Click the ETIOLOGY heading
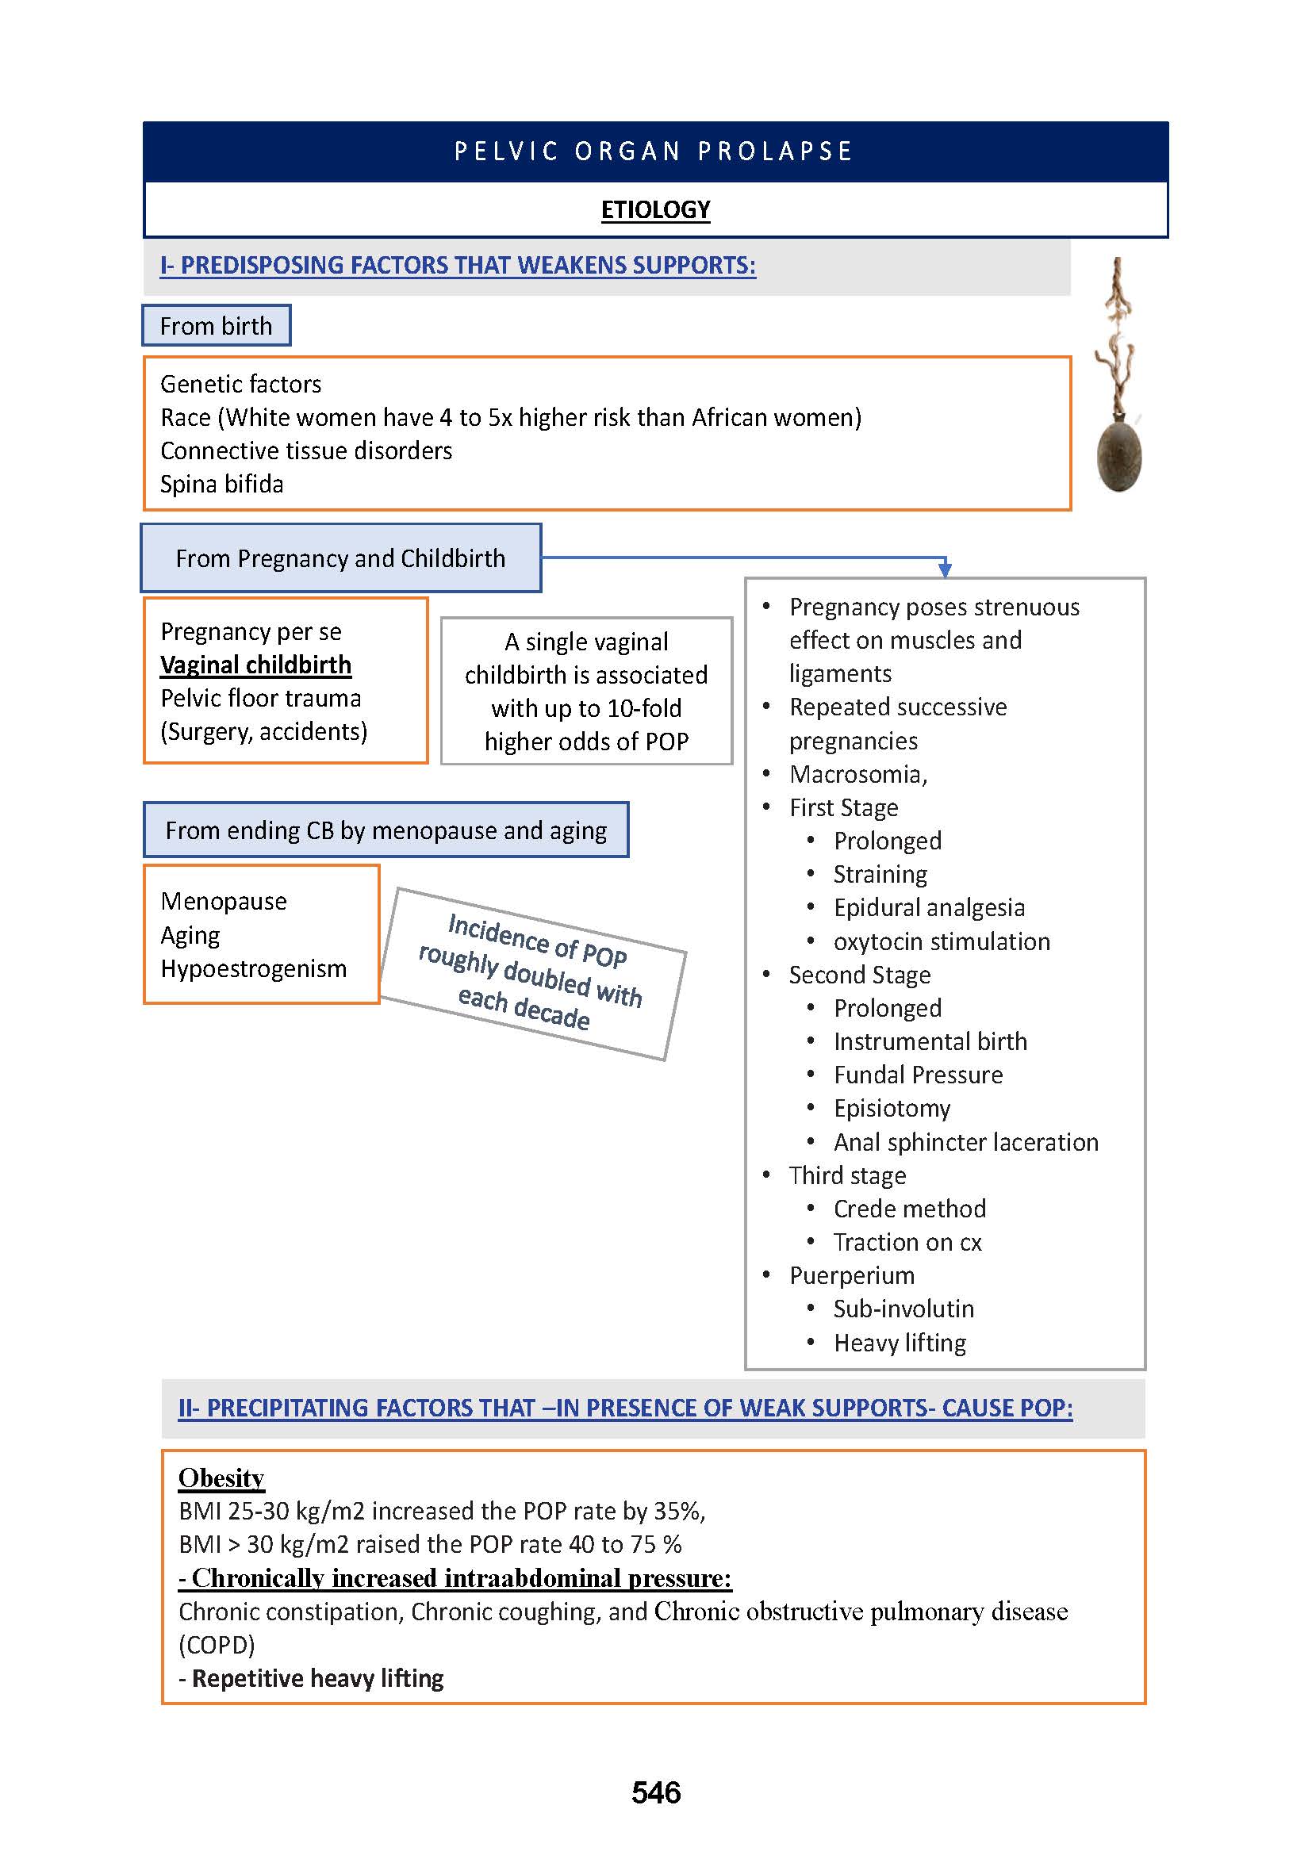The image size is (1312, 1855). point(655,210)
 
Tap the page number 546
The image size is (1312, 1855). point(656,1793)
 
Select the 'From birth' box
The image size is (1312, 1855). point(216,326)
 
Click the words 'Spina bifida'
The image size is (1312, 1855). point(222,484)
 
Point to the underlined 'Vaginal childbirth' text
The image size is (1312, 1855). point(255,665)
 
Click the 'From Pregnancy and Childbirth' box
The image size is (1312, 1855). point(340,558)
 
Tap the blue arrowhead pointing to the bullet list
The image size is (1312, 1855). point(945,570)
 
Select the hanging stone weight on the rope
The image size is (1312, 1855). point(1119,457)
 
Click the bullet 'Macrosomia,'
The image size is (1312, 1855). point(858,774)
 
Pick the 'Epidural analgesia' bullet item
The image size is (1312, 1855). point(929,907)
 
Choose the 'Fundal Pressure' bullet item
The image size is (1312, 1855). point(918,1075)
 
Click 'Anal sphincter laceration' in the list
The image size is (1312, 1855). point(965,1141)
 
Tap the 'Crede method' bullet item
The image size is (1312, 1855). point(910,1209)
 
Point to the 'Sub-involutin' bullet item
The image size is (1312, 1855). point(903,1309)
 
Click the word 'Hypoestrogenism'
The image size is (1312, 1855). point(254,968)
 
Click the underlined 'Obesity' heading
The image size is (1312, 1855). point(221,1477)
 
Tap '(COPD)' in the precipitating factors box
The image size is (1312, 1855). point(217,1645)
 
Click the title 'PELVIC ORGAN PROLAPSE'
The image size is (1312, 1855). point(654,151)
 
